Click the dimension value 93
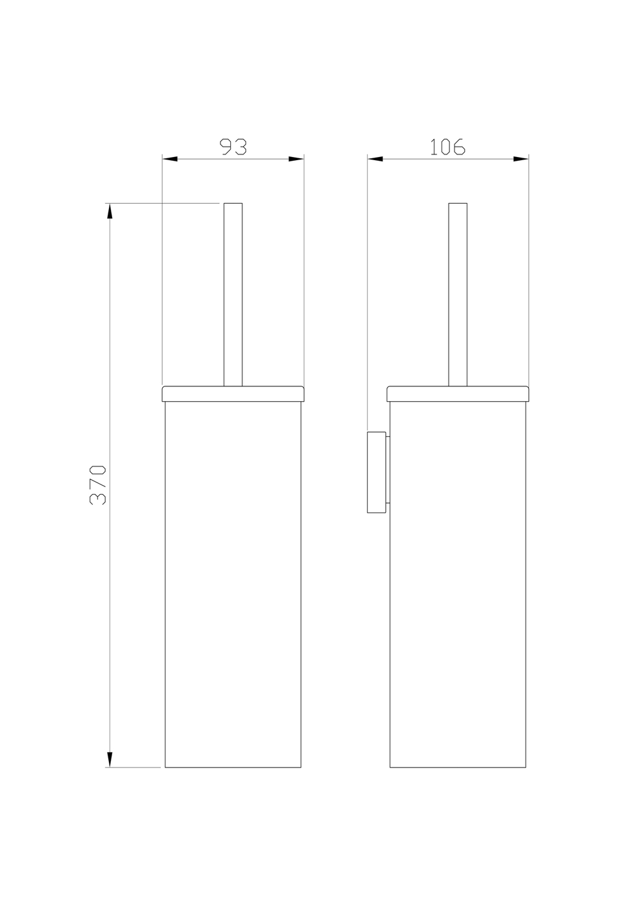[233, 147]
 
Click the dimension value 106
[447, 147]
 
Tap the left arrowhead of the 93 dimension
[169, 159]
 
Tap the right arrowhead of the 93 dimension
[296, 159]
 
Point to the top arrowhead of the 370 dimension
[110, 211]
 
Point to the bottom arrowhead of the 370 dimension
[110, 759]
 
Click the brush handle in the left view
[233, 295]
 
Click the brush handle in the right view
[458, 295]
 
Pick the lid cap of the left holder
[233, 393]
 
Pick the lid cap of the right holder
[458, 393]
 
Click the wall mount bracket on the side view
[376, 473]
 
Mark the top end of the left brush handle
[233, 204]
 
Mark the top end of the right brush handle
[458, 204]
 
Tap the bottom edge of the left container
[233, 767]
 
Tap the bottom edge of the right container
[458, 767]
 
